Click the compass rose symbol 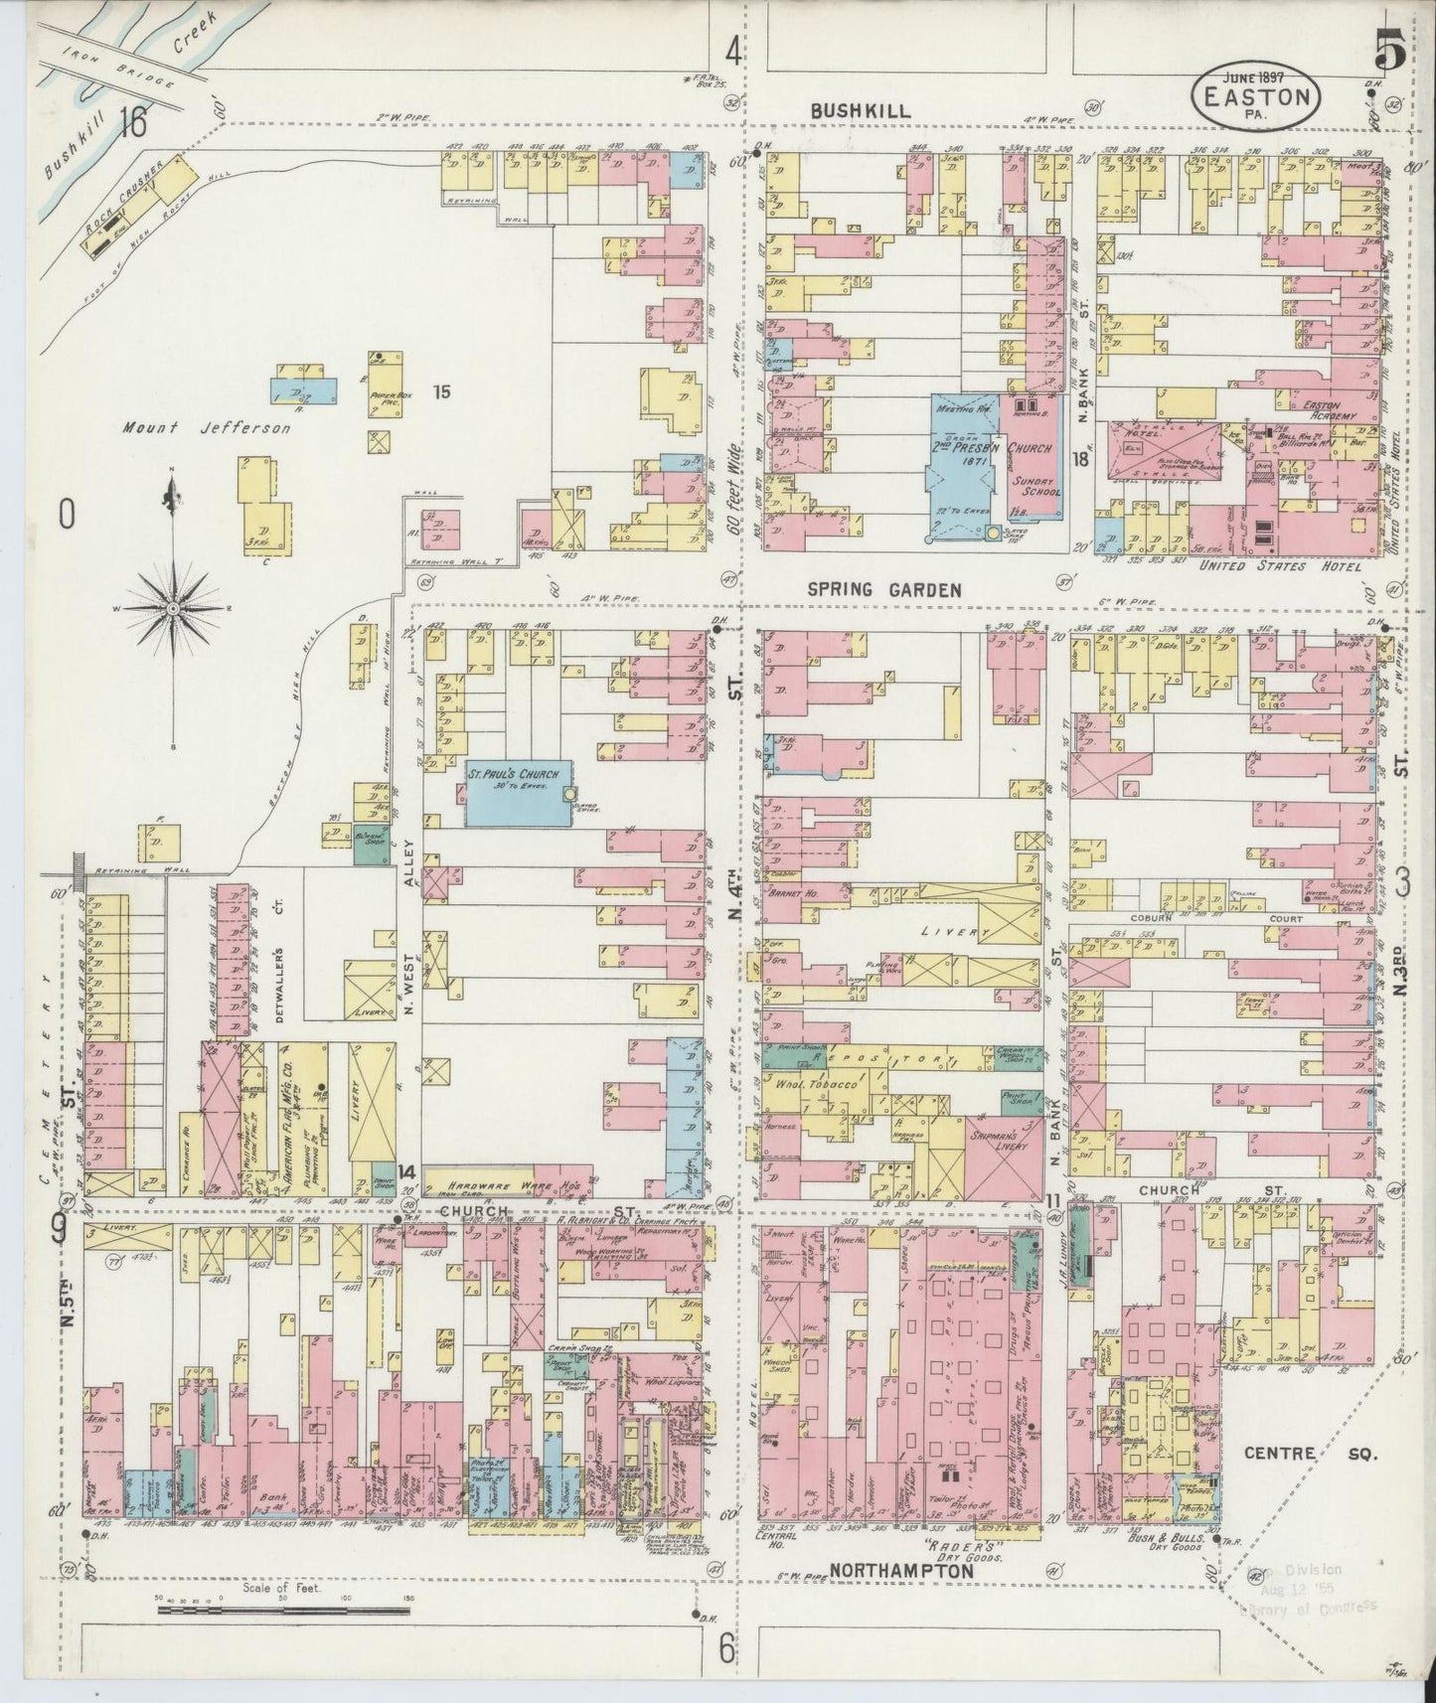(173, 606)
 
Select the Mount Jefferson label (208, 428)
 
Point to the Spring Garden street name (883, 590)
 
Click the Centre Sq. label (1310, 1454)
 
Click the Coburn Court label (1223, 919)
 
